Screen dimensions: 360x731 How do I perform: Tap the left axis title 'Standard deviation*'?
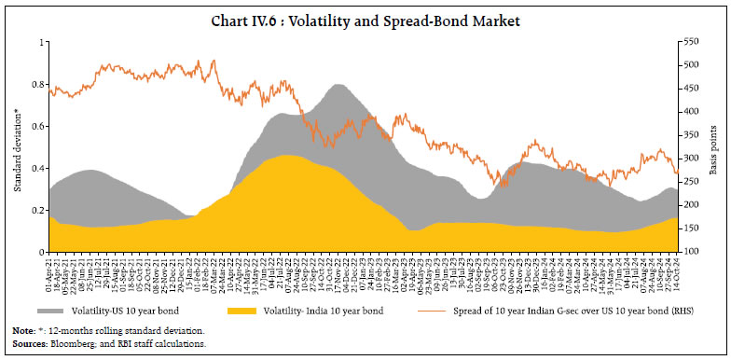[17, 149]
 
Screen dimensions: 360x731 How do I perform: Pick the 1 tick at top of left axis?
[40, 42]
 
